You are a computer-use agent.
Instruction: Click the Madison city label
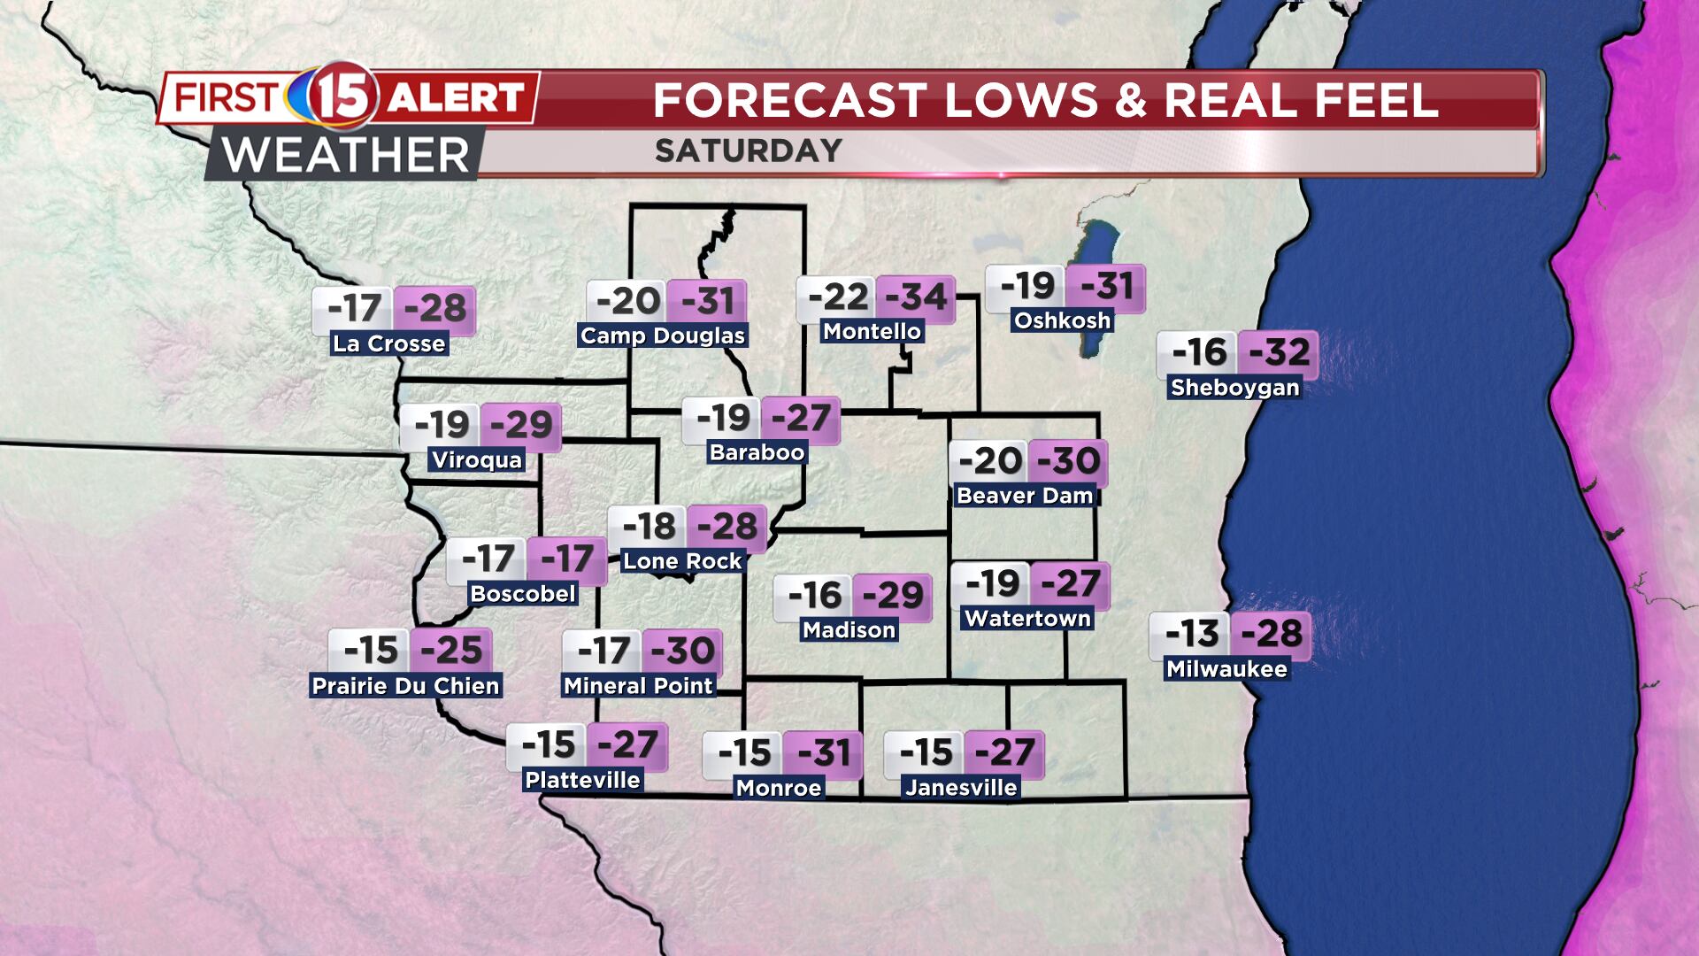(849, 629)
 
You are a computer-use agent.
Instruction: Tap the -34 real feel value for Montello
(916, 297)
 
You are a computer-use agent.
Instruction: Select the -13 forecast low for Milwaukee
(1190, 634)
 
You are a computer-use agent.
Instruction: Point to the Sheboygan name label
(1234, 387)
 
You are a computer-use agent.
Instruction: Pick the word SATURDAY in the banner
(748, 150)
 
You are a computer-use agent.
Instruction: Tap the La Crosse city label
(388, 343)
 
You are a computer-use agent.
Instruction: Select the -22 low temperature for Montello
(837, 297)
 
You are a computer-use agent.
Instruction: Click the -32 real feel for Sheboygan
(1278, 352)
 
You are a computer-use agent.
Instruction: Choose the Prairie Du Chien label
(406, 685)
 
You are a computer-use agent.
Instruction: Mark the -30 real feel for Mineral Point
(682, 651)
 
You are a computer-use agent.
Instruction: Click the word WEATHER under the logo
(345, 156)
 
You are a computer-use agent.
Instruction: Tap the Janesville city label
(961, 787)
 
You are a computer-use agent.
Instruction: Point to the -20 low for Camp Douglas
(628, 301)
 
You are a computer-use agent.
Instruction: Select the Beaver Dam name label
(1025, 495)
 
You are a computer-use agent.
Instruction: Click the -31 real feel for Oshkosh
(1105, 286)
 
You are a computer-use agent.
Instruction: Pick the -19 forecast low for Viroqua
(441, 425)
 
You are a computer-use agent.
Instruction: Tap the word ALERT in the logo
(456, 96)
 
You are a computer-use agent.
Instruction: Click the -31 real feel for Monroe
(823, 753)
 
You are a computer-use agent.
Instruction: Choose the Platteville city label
(582, 780)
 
